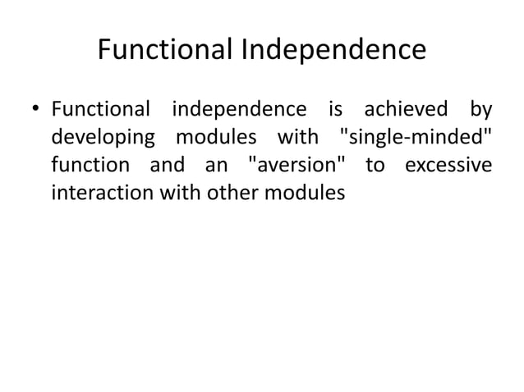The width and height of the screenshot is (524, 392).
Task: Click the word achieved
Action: (400, 108)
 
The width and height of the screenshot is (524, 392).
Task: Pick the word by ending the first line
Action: (480, 109)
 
